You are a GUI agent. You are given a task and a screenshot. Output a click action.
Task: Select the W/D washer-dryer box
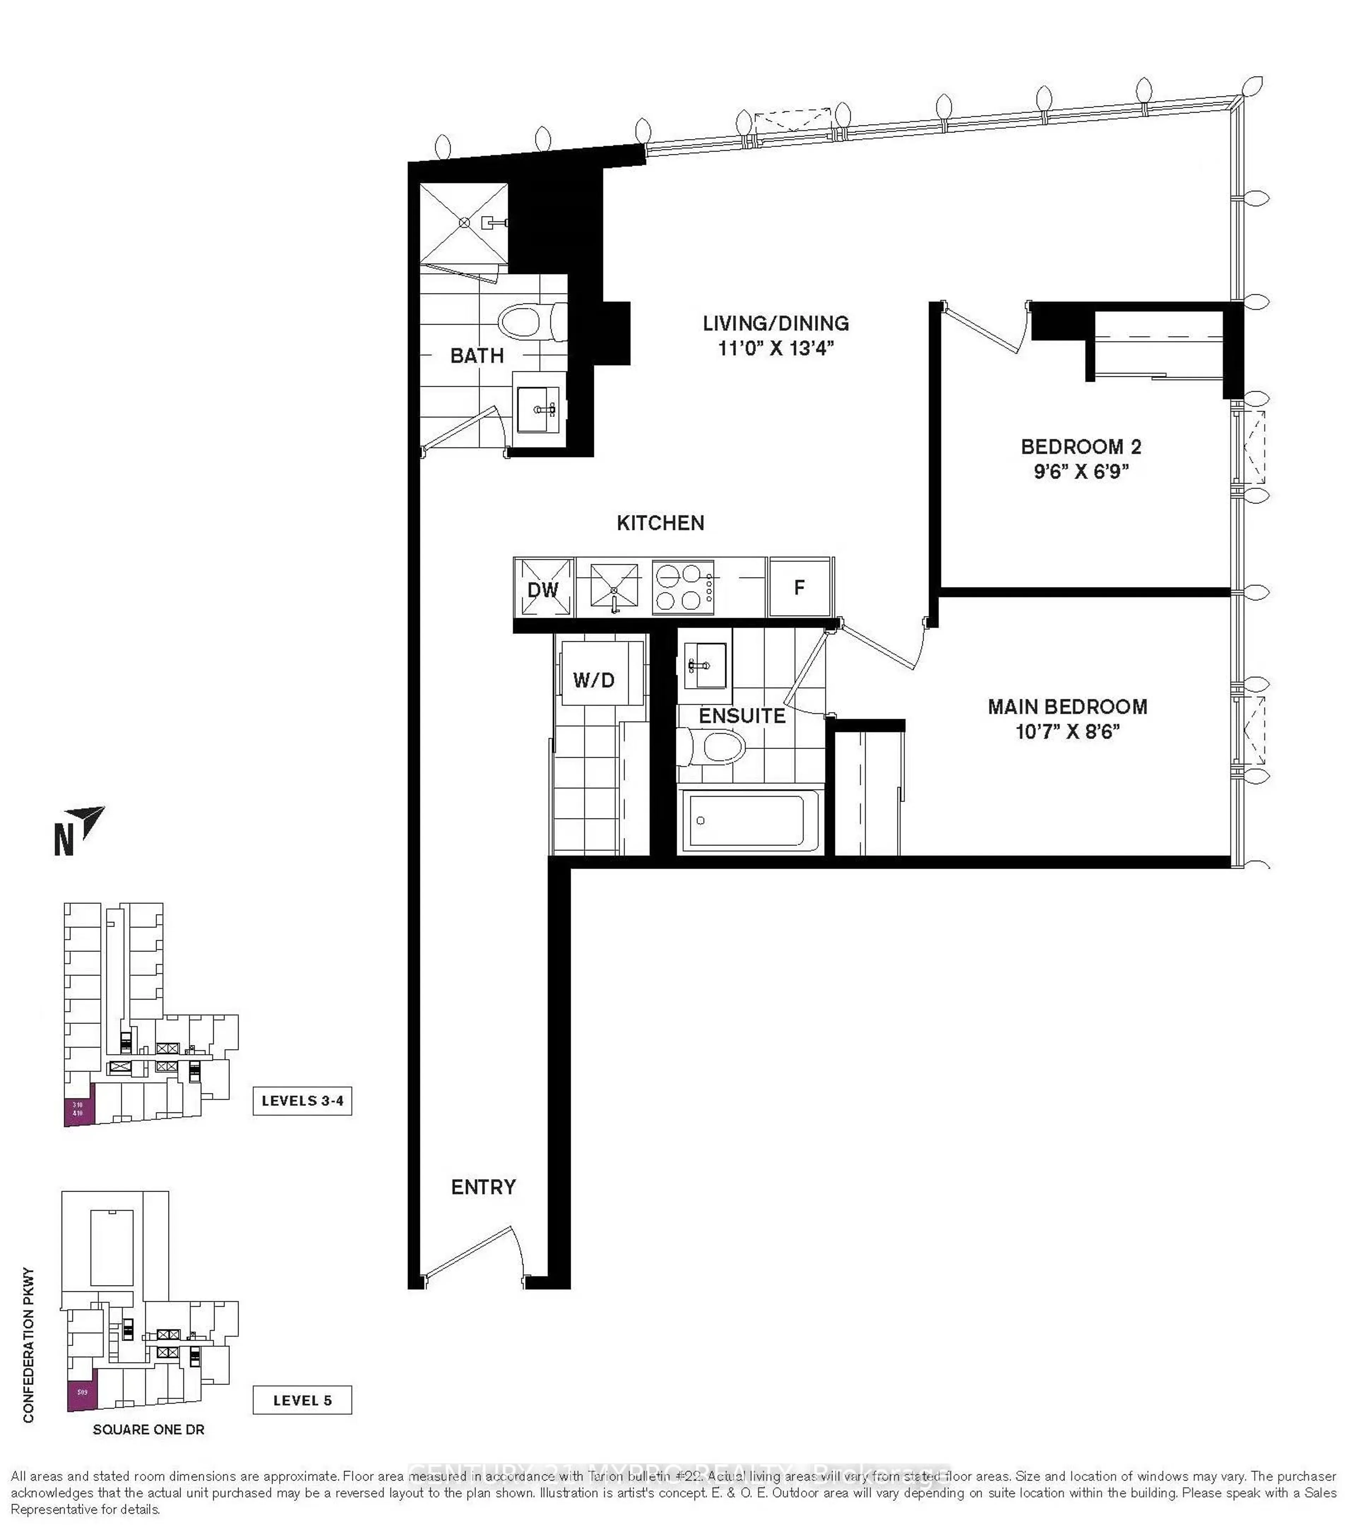click(594, 679)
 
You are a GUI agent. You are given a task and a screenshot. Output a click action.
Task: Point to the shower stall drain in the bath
click(464, 222)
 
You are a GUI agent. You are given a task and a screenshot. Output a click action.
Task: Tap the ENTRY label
click(483, 1187)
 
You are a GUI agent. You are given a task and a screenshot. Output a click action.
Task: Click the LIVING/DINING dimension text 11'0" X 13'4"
click(775, 348)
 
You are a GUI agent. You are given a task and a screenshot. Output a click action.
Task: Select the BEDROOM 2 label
click(1080, 447)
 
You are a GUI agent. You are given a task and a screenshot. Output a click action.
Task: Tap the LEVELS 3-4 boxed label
click(302, 1100)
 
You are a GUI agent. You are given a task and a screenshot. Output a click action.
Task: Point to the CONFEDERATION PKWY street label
click(29, 1345)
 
